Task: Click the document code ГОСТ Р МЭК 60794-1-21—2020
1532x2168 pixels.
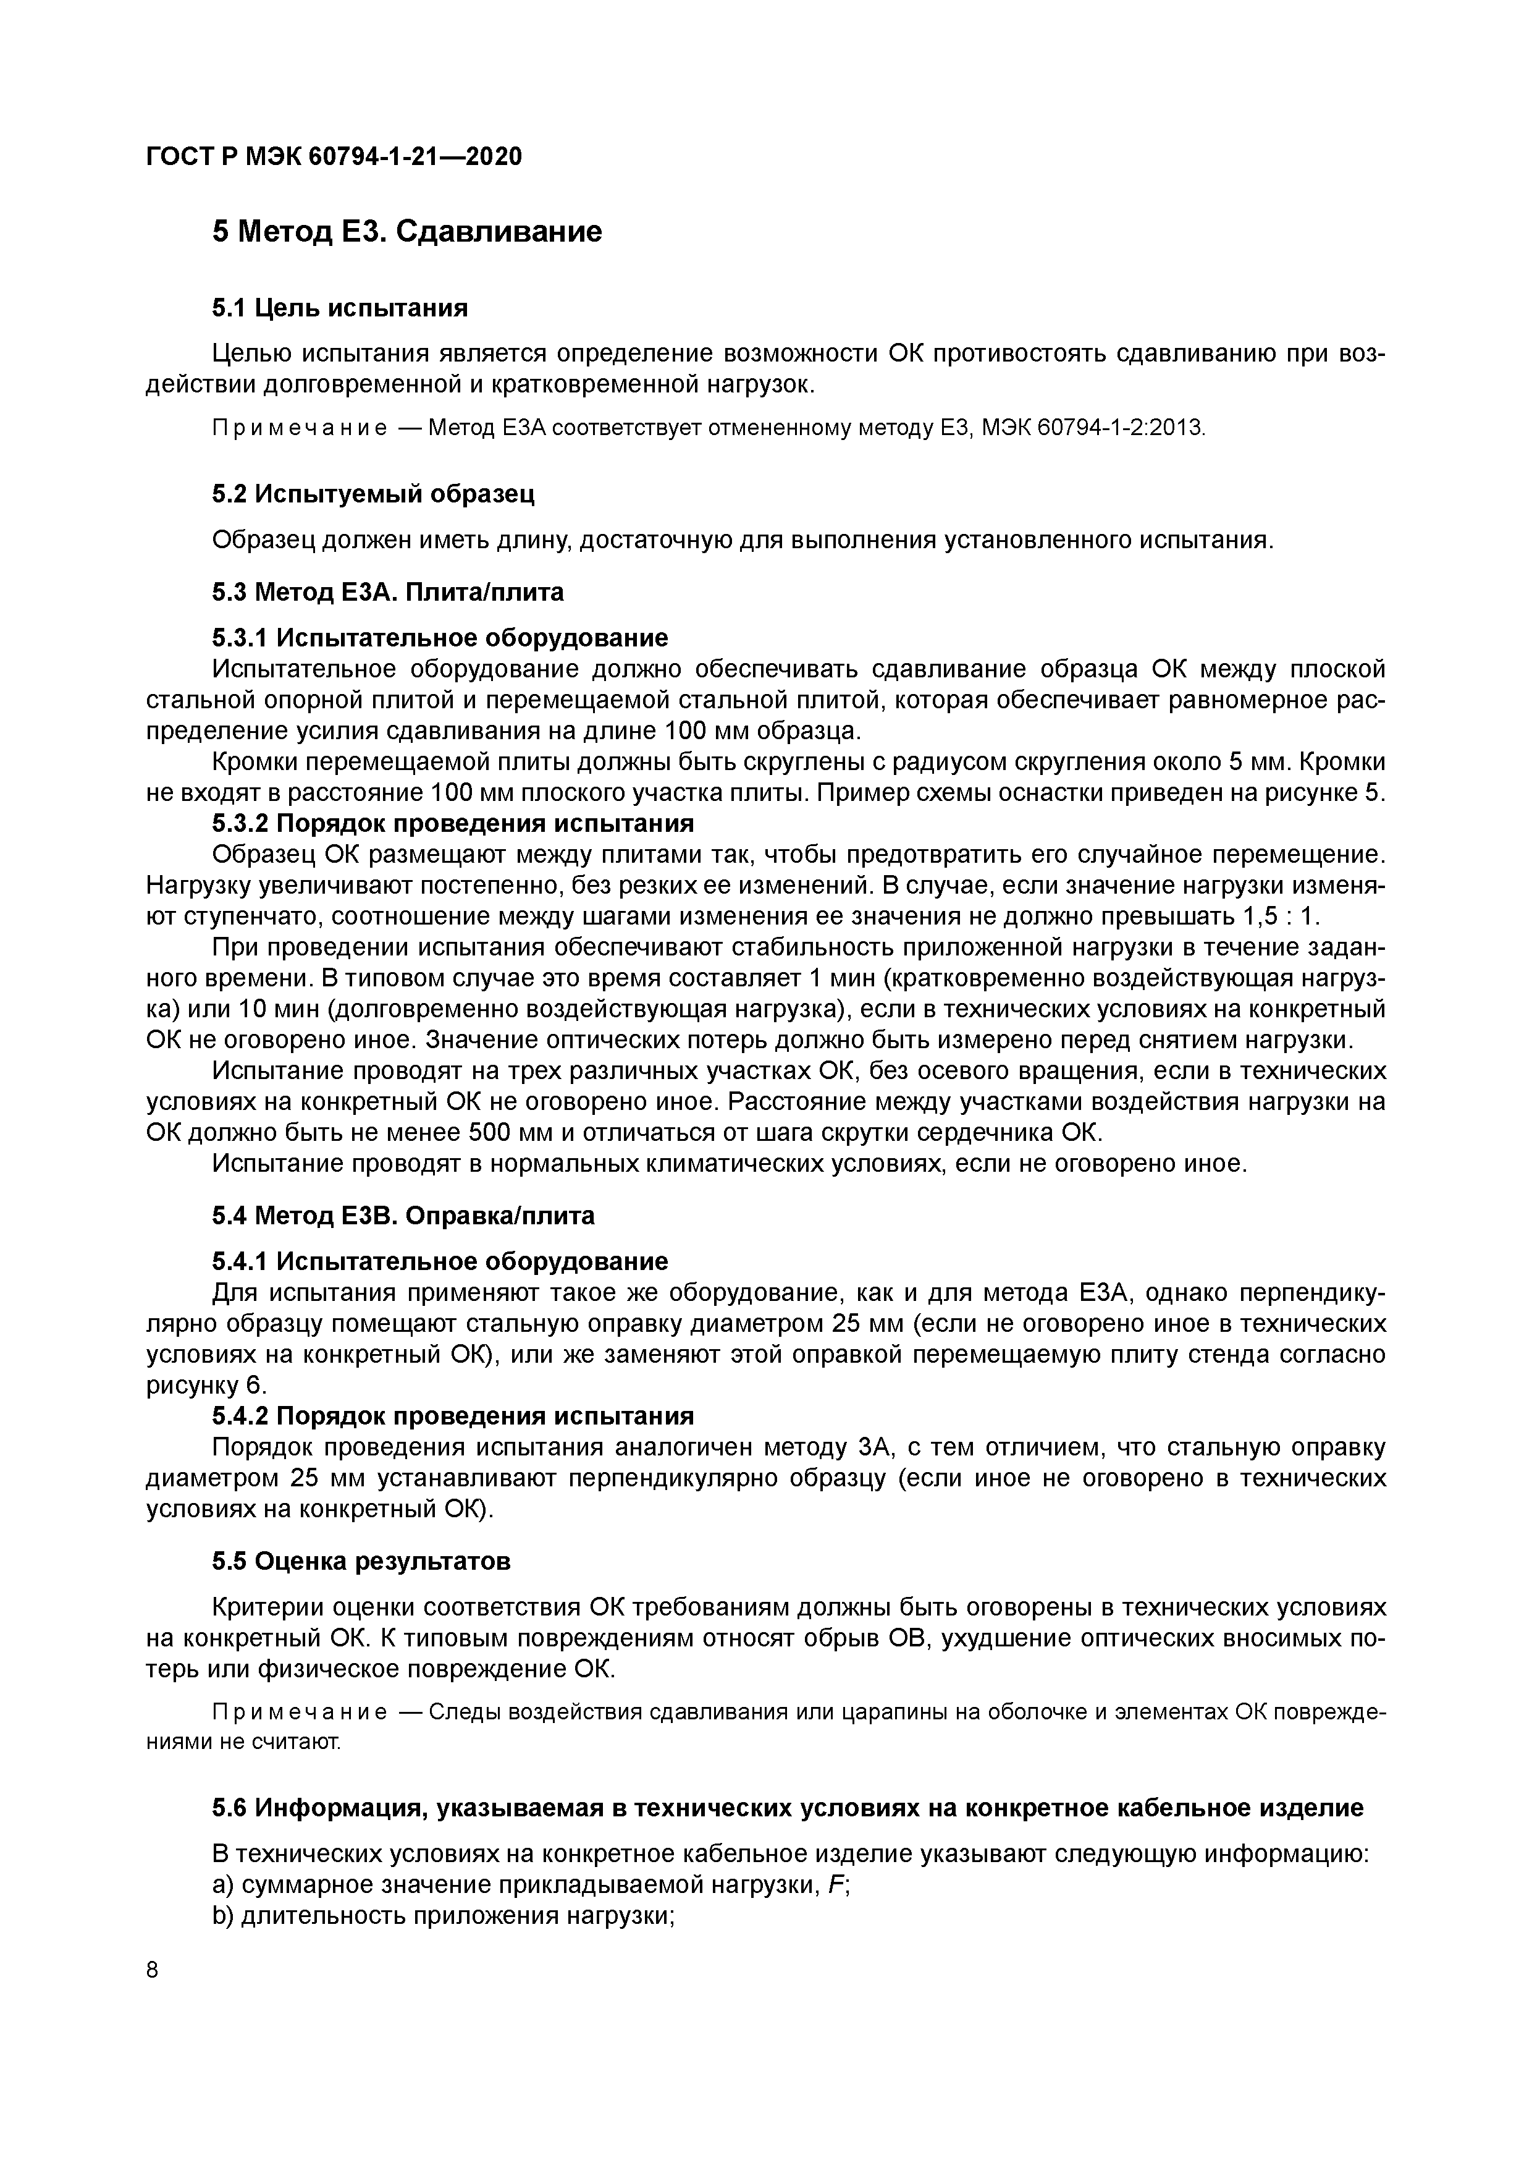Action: [x=333, y=157]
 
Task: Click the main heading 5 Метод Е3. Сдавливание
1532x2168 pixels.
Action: [x=407, y=231]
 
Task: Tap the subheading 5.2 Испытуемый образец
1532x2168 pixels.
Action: [x=374, y=493]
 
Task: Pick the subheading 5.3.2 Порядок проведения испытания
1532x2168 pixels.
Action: [x=453, y=823]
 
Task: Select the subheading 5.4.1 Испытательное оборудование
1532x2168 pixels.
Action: [x=440, y=1261]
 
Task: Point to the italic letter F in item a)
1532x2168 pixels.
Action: [x=835, y=1885]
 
